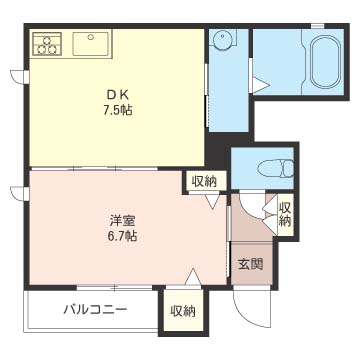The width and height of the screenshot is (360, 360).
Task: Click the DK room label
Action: (x=117, y=96)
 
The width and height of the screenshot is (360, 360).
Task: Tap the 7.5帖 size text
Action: (x=117, y=110)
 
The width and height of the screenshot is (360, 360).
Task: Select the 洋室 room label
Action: (x=122, y=221)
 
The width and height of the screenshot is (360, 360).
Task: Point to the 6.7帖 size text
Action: (x=122, y=236)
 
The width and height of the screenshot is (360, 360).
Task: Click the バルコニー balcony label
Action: (x=95, y=310)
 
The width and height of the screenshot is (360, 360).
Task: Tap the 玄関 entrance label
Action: (x=251, y=264)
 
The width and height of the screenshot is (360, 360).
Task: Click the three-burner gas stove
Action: (x=47, y=43)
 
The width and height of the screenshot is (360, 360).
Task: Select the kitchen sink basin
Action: (x=90, y=44)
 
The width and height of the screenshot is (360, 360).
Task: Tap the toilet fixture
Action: (x=275, y=168)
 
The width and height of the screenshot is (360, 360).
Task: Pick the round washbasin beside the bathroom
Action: (x=221, y=40)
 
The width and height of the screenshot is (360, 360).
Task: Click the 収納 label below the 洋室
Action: (x=183, y=311)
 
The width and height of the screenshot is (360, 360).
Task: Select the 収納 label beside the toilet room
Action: (x=285, y=214)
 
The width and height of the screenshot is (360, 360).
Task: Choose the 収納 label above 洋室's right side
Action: (x=204, y=182)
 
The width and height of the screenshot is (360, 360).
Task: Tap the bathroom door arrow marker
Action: (x=260, y=85)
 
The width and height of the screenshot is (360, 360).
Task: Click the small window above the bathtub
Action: (x=318, y=26)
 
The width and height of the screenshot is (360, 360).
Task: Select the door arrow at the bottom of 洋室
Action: (x=193, y=277)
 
